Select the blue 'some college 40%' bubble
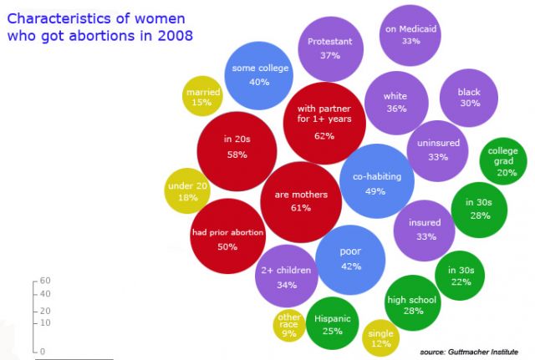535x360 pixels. pos(258,75)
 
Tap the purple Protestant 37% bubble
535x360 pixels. pos(329,48)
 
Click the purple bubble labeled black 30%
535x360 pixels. pos(470,97)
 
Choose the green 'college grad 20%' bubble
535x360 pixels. pos(507,161)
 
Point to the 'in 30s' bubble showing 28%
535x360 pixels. pos(480,210)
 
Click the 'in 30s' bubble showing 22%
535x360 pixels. pos(461,276)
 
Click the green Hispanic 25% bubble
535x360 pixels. pos(333,324)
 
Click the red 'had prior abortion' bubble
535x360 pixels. pos(227,239)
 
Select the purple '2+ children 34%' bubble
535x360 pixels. pos(286,276)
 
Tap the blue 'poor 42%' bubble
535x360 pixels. pos(350,259)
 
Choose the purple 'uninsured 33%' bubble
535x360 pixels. pos(438,150)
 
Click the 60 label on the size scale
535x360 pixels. pos(46,281)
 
